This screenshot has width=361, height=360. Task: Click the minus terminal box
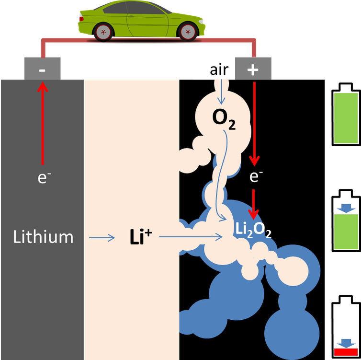[x=42, y=69]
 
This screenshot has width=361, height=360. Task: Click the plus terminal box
[x=253, y=69]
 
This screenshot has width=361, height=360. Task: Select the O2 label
[x=224, y=118]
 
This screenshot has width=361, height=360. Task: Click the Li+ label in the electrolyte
[x=140, y=237]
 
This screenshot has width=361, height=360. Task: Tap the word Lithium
[x=43, y=237]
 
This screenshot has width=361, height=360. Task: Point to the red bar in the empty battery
[x=346, y=352]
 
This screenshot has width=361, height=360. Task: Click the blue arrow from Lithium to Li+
[x=102, y=237]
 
